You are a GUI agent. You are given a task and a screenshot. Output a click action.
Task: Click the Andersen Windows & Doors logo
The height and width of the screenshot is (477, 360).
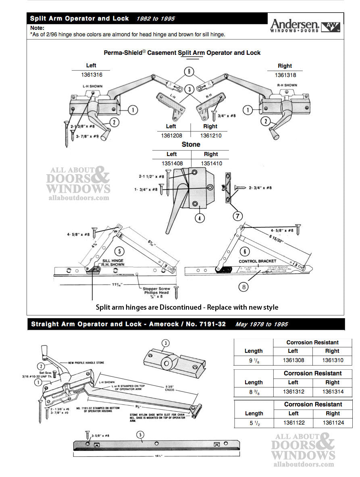[x=305, y=25]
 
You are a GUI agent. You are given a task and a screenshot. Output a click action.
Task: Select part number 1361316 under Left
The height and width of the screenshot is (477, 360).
[x=92, y=75]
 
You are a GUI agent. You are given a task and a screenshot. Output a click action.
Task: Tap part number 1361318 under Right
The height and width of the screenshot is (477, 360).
[x=285, y=75]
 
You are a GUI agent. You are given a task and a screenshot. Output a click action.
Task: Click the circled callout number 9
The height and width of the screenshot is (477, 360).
[x=188, y=72]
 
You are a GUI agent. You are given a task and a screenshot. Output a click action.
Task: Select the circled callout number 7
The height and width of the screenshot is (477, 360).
[x=237, y=215]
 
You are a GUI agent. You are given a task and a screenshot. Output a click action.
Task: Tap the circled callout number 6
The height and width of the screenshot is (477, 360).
[x=244, y=251]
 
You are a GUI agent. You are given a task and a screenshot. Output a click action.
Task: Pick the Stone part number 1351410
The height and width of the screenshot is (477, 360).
[x=211, y=163]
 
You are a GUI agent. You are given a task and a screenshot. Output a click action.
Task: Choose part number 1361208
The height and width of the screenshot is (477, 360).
[x=171, y=135]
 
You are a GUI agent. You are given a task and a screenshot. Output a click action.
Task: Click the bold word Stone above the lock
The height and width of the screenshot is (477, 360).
[x=191, y=144]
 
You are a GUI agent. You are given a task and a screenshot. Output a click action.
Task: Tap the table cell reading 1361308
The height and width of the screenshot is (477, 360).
[x=293, y=360]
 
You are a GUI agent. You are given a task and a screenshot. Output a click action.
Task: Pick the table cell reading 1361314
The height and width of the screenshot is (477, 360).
[x=332, y=391]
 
